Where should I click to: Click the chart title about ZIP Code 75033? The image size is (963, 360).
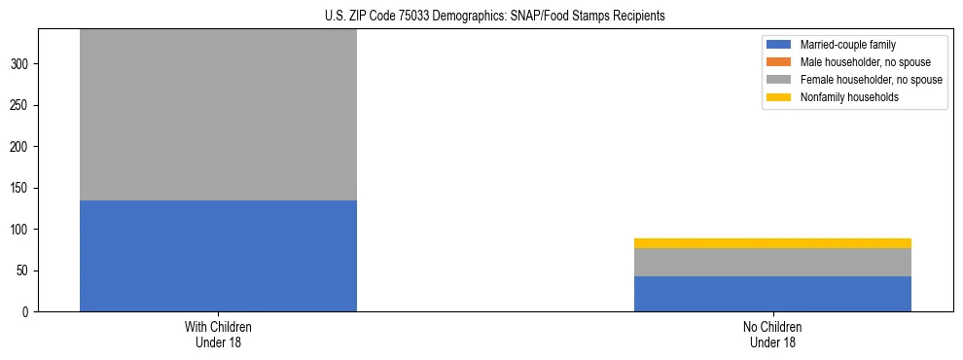coord(481,16)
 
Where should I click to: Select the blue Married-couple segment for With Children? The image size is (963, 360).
coord(218,256)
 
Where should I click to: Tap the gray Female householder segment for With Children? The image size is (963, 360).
coord(218,115)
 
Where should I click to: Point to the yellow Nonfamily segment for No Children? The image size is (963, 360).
coord(772,243)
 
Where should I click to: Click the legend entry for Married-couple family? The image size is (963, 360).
coord(847,45)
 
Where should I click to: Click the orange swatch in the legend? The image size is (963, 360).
coord(779,62)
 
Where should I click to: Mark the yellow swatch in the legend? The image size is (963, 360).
coord(779,97)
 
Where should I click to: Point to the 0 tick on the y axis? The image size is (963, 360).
coord(27,312)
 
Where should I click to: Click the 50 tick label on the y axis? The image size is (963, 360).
coord(24,270)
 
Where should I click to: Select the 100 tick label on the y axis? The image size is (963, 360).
coord(21,230)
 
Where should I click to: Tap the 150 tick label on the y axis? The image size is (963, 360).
coord(21,188)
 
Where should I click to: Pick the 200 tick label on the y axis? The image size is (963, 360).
coord(21,147)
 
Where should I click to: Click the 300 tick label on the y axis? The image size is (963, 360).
coord(21,64)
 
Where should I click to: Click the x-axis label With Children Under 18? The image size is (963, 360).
coord(218,334)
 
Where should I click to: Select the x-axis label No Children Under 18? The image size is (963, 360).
coord(772,334)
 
